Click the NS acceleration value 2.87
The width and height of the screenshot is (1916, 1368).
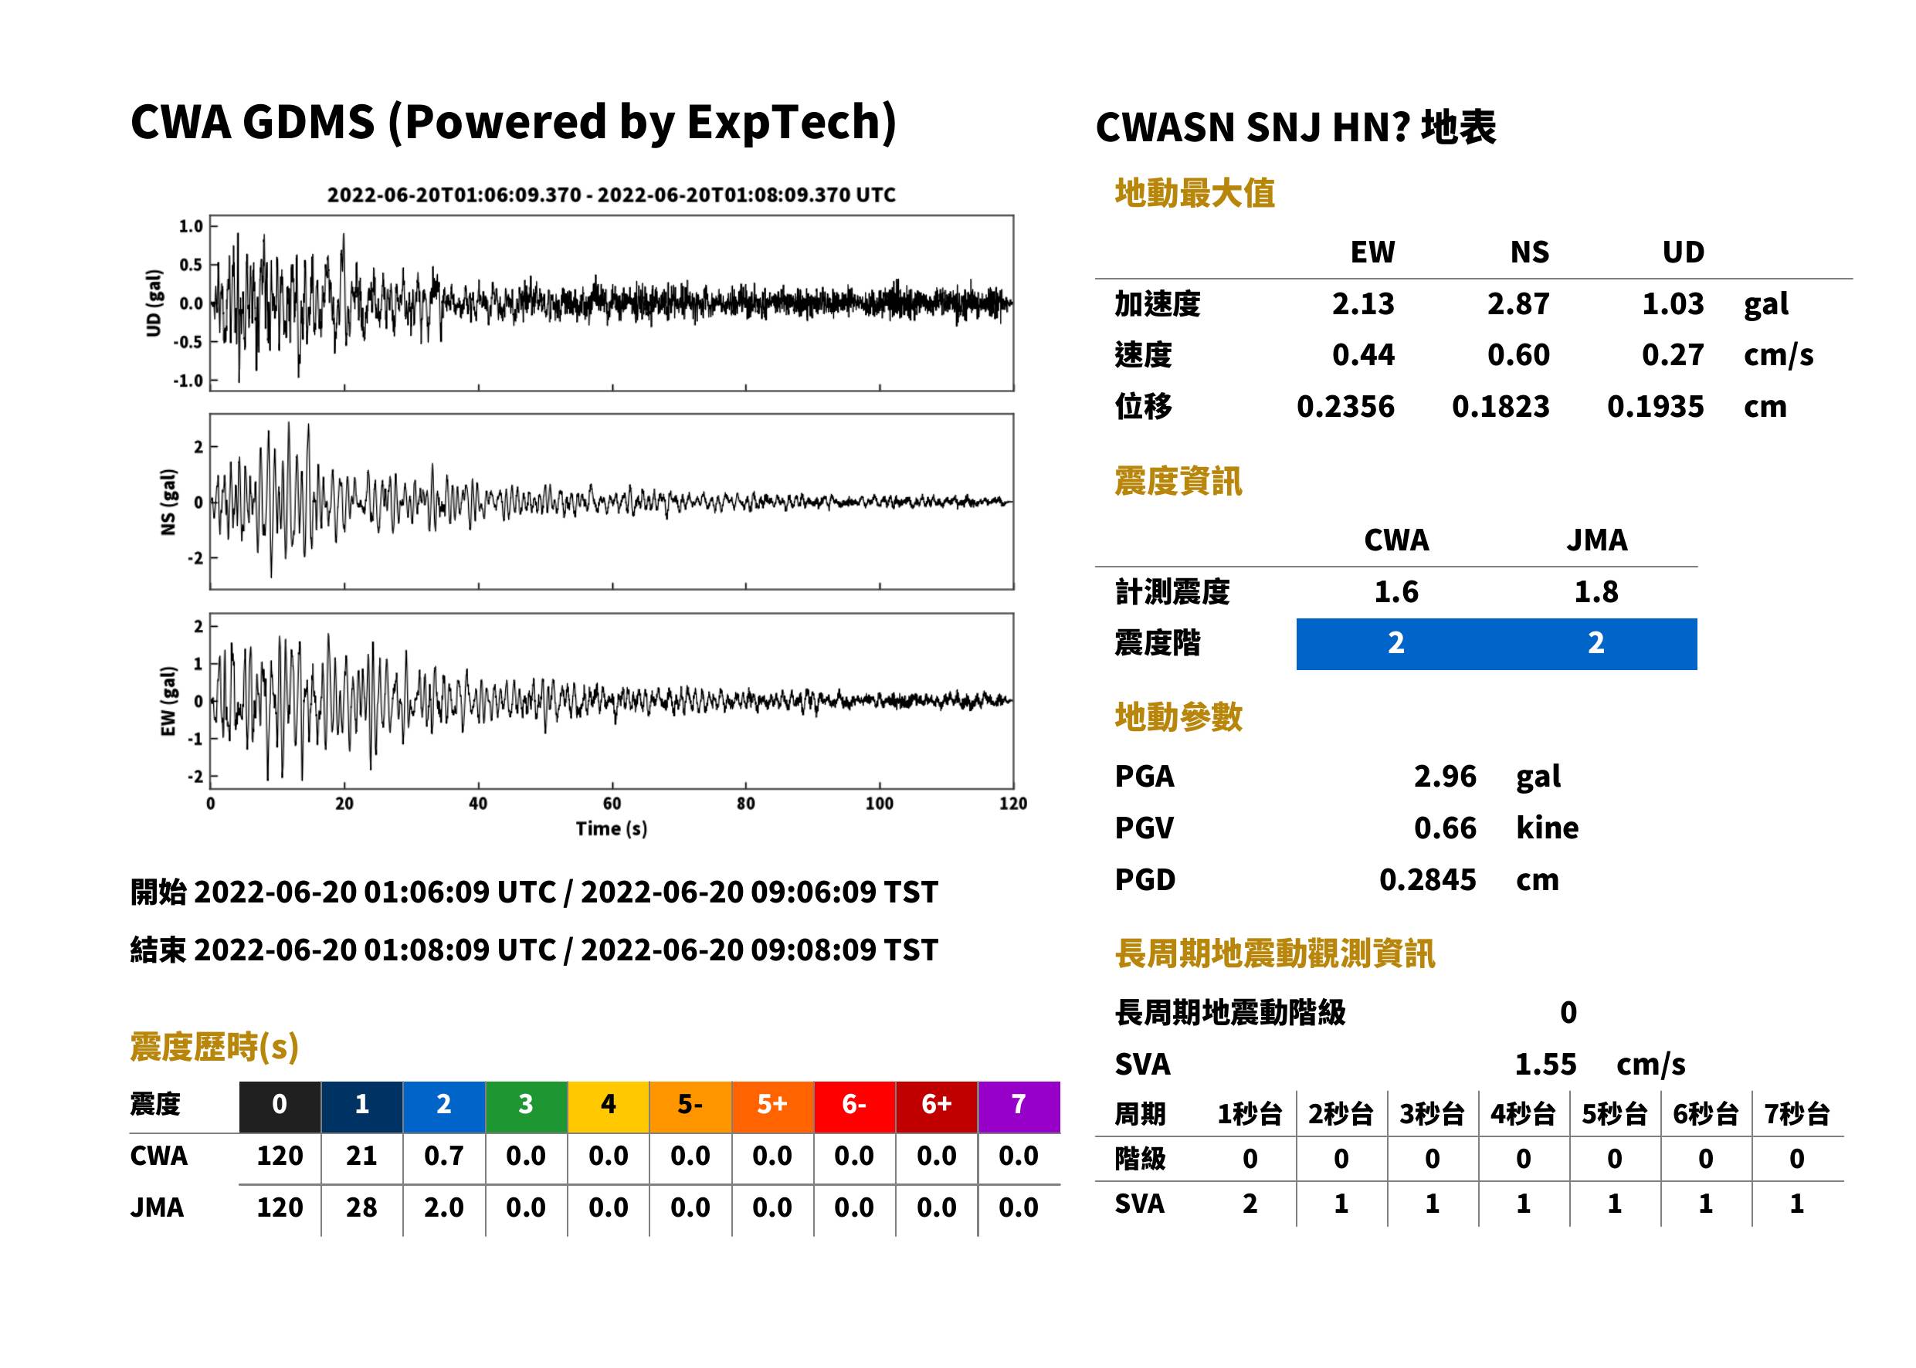coord(1518,304)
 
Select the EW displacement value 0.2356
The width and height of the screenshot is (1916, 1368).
coord(1345,407)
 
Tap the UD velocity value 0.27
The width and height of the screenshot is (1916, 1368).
coord(1673,355)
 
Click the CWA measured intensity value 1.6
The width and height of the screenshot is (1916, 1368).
coord(1396,592)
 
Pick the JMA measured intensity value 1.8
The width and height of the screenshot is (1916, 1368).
coord(1596,592)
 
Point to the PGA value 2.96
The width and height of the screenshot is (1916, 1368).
coord(1445,777)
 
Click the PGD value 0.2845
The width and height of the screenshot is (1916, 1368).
coord(1427,880)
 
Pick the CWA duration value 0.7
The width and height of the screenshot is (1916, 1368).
coord(444,1156)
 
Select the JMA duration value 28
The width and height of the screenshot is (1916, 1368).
coord(361,1208)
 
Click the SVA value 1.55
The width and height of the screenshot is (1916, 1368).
coord(1545,1065)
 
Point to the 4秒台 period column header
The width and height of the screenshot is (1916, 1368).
coord(1522,1115)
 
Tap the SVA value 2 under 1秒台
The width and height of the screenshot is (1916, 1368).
coord(1250,1204)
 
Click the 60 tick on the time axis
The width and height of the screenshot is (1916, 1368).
coord(612,804)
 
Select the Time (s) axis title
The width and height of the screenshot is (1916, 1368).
coord(612,829)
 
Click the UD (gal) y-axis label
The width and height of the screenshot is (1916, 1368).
coord(154,303)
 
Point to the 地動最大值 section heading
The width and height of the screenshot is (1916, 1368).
coord(1195,194)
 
